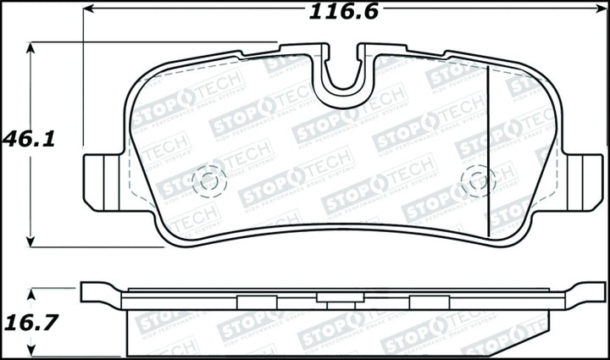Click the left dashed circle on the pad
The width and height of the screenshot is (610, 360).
208,180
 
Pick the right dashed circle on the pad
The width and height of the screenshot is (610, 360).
480,180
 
